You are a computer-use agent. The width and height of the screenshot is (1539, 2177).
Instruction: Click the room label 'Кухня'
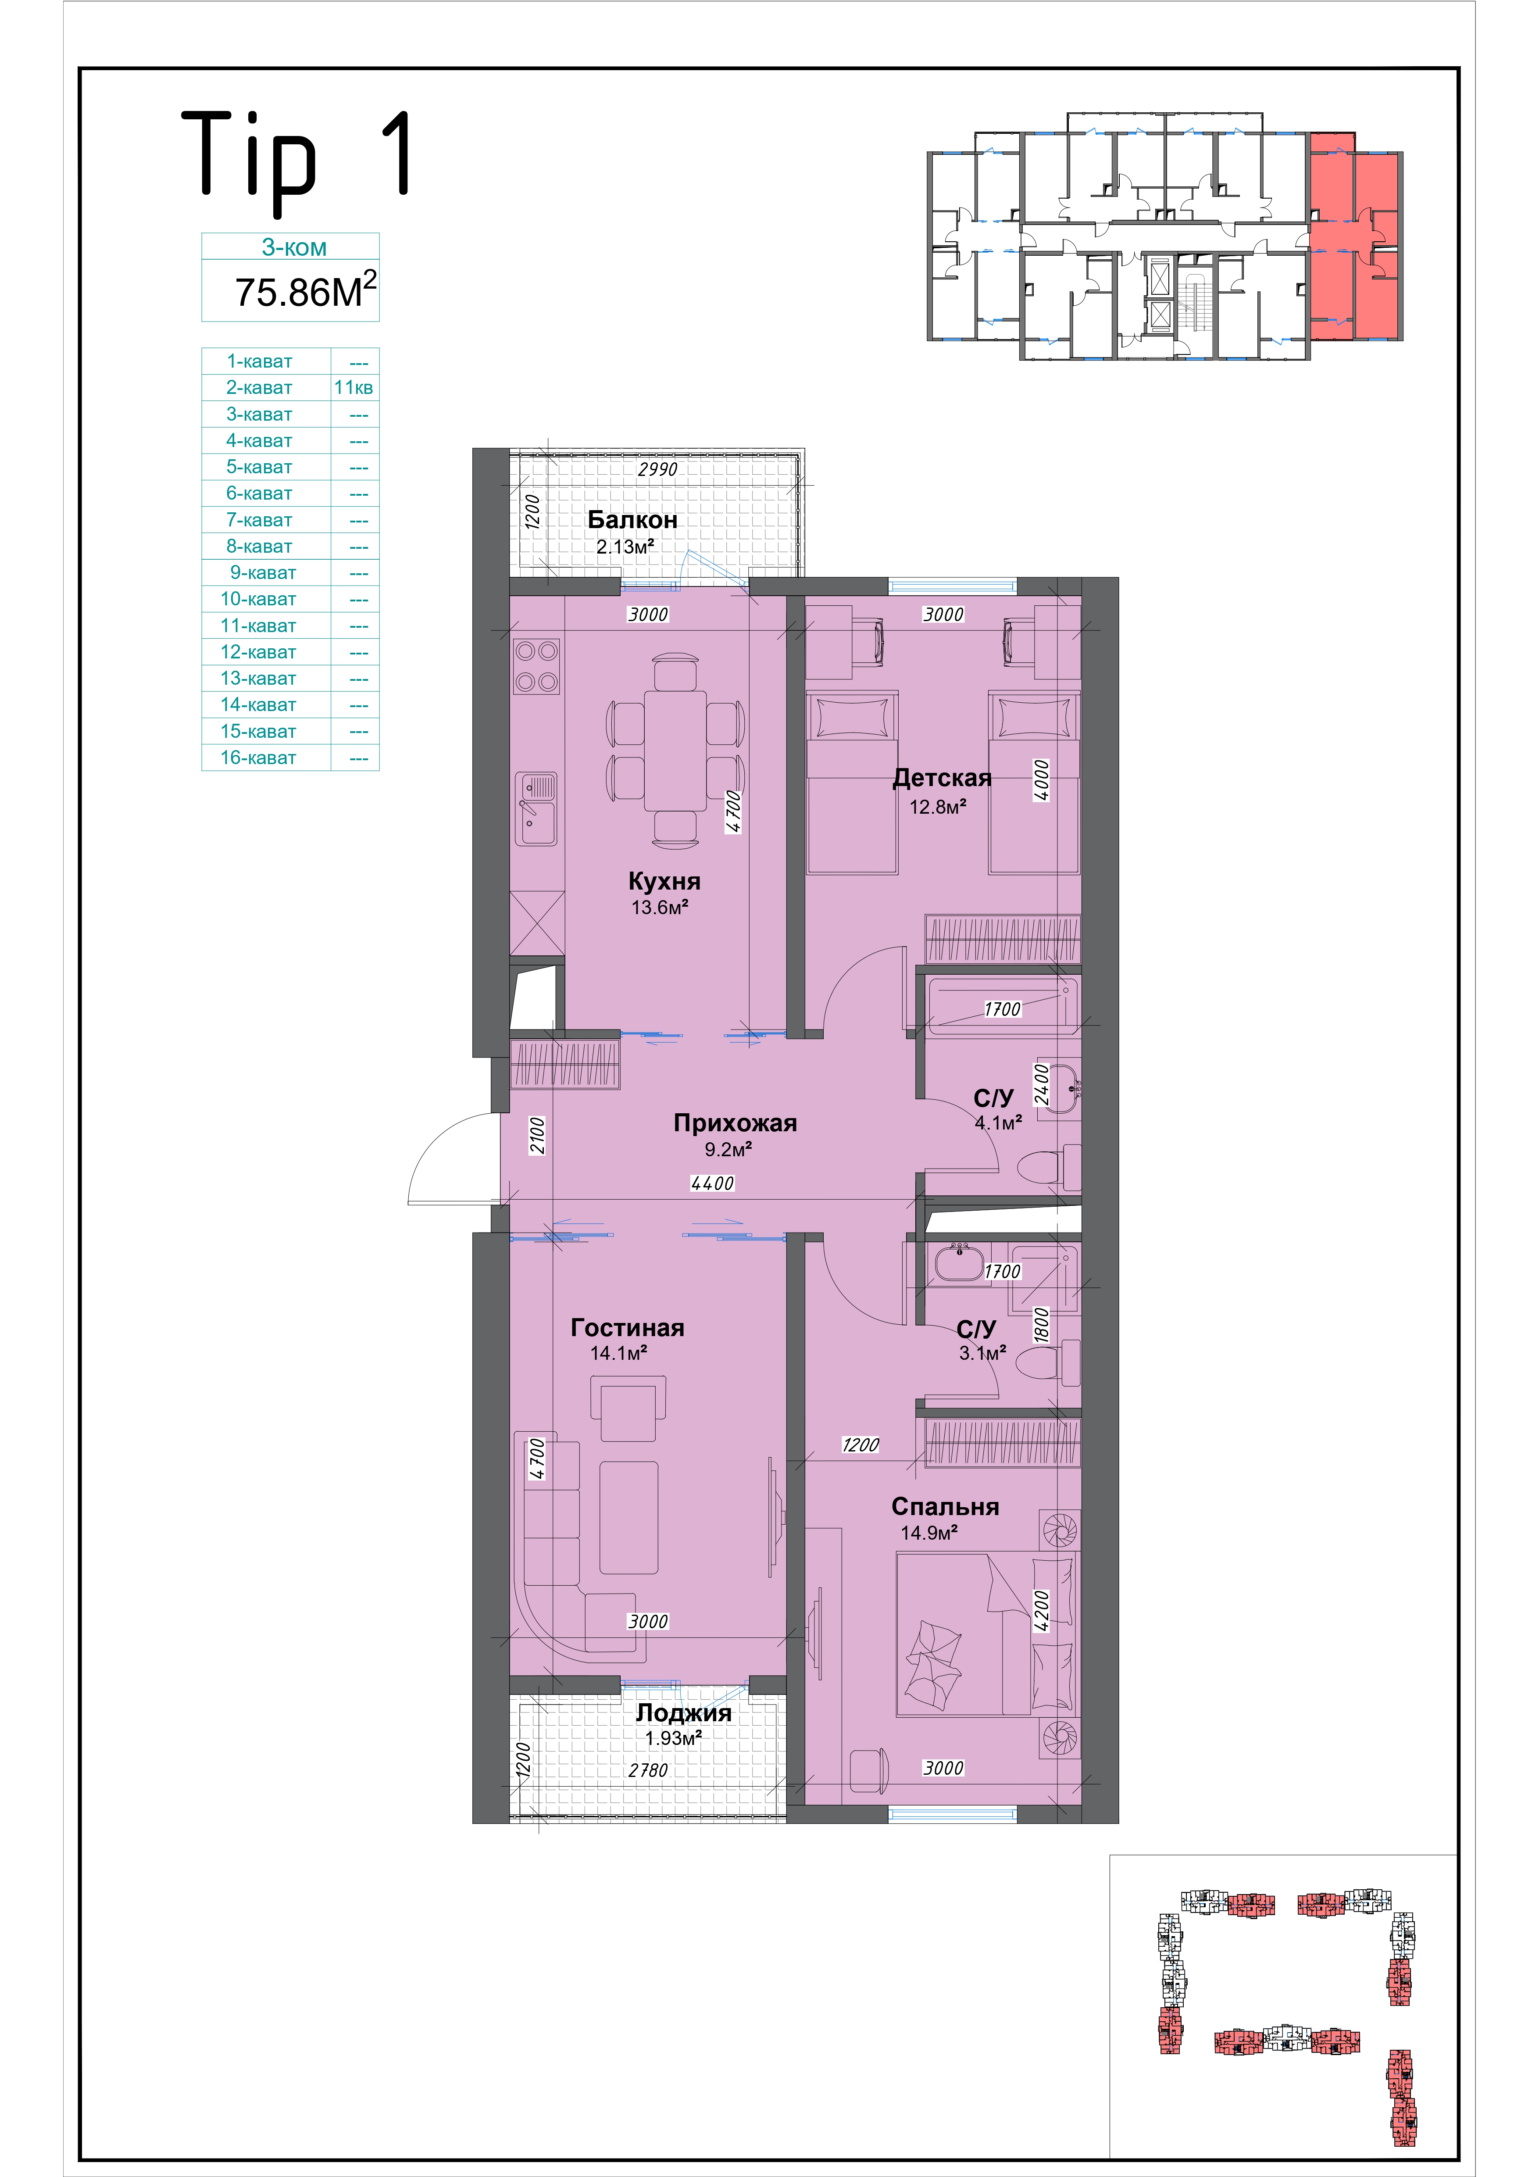point(664,881)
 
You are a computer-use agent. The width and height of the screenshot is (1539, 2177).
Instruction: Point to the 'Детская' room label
point(942,779)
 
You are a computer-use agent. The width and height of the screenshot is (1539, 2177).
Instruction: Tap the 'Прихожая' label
point(735,1123)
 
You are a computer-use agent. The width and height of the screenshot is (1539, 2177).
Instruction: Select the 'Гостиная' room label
point(628,1327)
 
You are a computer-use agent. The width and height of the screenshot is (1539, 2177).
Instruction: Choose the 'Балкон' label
point(632,520)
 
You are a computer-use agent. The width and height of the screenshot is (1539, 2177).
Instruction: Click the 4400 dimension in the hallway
point(712,1183)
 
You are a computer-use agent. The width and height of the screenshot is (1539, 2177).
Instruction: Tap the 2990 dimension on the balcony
point(657,469)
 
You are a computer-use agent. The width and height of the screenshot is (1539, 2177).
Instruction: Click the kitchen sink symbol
point(537,809)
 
